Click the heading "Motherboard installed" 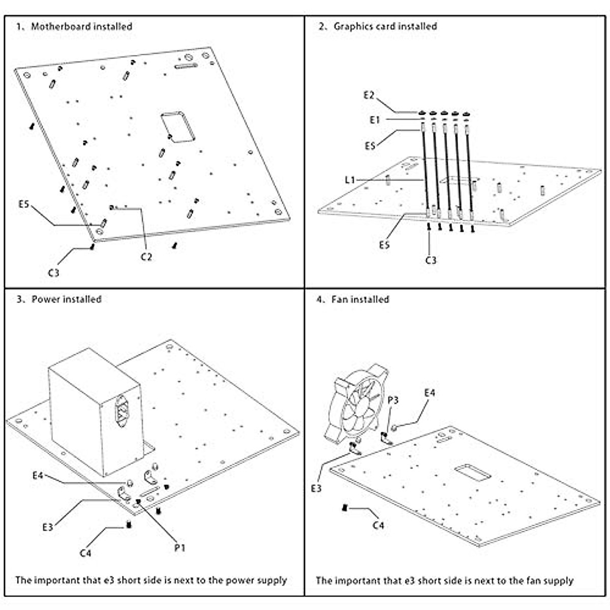[81, 26]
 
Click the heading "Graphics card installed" [385, 26]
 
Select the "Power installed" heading [66, 299]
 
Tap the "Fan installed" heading [360, 299]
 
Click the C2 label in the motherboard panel [146, 257]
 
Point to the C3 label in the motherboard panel [54, 273]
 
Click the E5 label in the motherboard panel [24, 205]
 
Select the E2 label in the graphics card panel [369, 95]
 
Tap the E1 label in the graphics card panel [375, 120]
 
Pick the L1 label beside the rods [350, 180]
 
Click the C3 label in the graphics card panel [431, 260]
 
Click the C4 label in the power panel [85, 553]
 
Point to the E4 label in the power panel [38, 476]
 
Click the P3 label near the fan [393, 401]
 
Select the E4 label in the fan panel [430, 393]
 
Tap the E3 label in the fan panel [317, 489]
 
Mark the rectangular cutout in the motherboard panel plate [178, 126]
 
